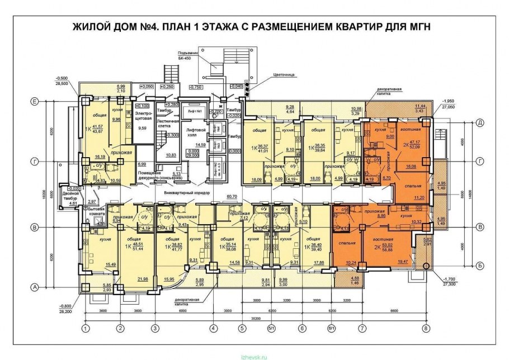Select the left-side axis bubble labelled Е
[x=35, y=102]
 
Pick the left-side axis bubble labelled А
[x=35, y=287]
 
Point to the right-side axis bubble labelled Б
[x=479, y=267]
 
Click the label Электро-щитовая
[x=144, y=116]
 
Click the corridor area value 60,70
[x=230, y=196]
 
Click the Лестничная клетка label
[x=167, y=123]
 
